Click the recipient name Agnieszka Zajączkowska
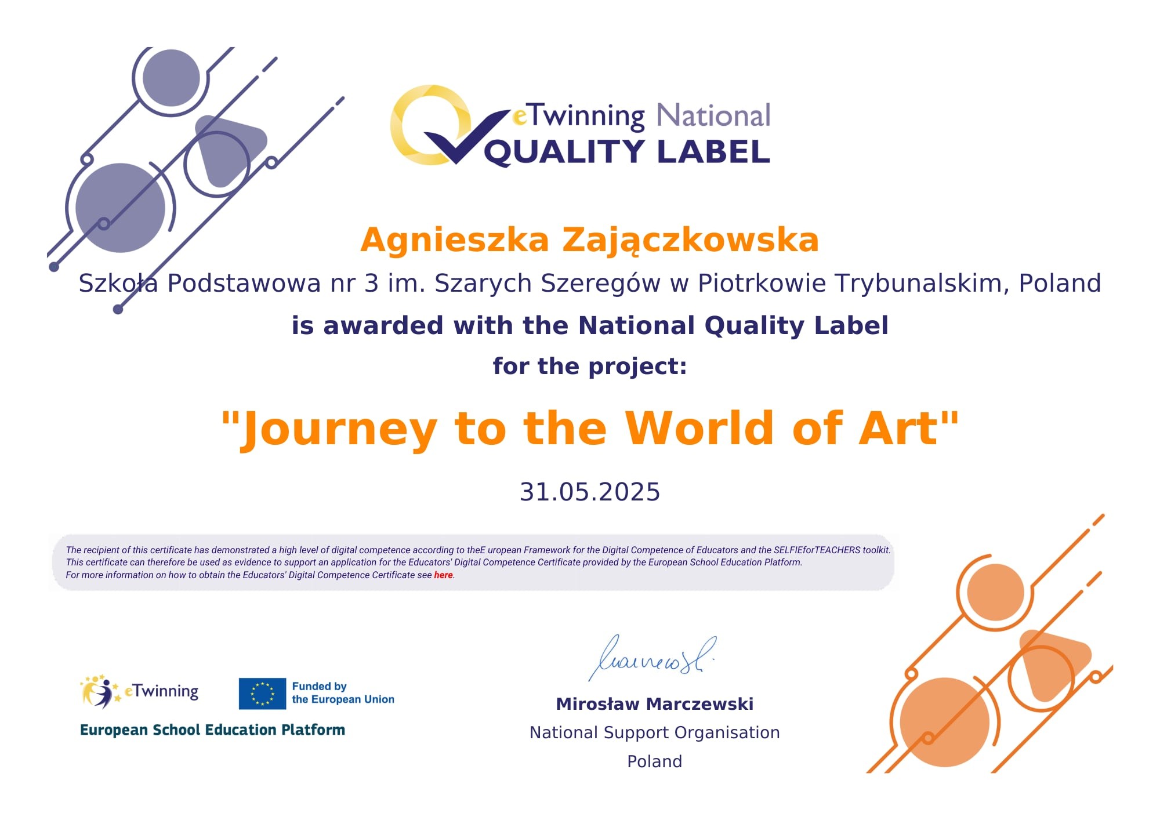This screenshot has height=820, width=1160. coord(589,240)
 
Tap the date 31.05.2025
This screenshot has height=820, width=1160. coord(590,492)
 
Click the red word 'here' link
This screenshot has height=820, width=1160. coord(443,575)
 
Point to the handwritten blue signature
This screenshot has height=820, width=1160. coord(651,658)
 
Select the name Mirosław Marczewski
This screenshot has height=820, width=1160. coord(655,704)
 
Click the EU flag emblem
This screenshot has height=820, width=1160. coord(262,694)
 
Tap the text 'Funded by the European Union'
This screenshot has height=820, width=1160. coord(343,693)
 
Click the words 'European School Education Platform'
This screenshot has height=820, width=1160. coord(212,730)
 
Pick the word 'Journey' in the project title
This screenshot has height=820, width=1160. coord(339,430)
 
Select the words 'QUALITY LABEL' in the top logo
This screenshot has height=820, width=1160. coord(627,152)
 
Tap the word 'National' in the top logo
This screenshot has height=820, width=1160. coord(713,115)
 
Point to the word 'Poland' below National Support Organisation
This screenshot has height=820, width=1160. coord(655,761)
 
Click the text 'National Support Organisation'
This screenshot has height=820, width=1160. coord(655,732)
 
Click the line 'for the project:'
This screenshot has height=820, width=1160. coord(590,367)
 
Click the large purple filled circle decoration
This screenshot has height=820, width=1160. coord(121,208)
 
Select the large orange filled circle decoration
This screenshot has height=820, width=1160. coord(945,723)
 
